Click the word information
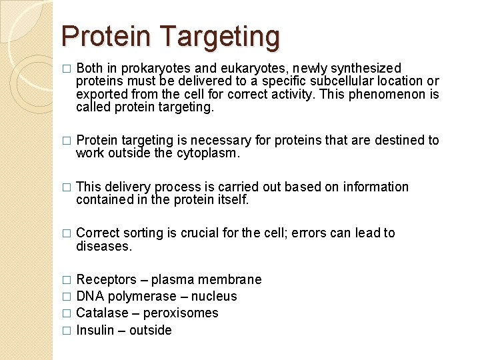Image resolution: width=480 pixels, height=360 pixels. (376, 187)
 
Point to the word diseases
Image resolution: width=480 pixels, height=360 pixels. (104, 246)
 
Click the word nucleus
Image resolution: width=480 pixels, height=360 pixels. (214, 296)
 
